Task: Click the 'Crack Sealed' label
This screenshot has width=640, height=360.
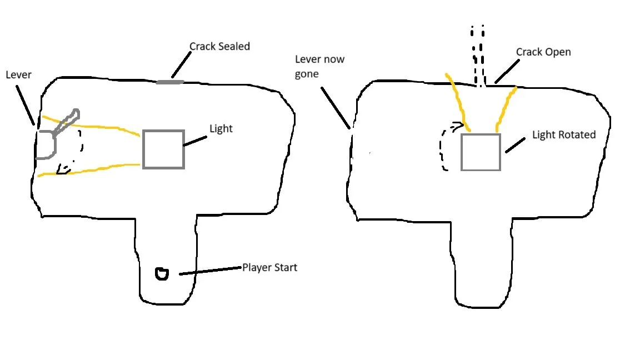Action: [219, 47]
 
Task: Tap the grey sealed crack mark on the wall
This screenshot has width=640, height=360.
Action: [170, 82]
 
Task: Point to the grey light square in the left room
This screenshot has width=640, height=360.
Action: [163, 149]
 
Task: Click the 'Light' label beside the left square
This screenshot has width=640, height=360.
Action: [221, 129]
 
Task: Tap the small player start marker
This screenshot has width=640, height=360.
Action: [162, 273]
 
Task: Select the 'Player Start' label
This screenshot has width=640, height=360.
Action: [269, 268]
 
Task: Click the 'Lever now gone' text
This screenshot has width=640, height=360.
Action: [319, 67]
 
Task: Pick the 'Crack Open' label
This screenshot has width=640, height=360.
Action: [543, 52]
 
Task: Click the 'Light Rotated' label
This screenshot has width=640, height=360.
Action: [563, 135]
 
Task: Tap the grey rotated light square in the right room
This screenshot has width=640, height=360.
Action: [481, 152]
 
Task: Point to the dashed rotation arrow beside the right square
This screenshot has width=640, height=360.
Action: [446, 147]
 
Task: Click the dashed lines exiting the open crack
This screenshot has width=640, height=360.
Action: [478, 56]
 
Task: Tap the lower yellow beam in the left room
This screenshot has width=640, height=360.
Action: [89, 169]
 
